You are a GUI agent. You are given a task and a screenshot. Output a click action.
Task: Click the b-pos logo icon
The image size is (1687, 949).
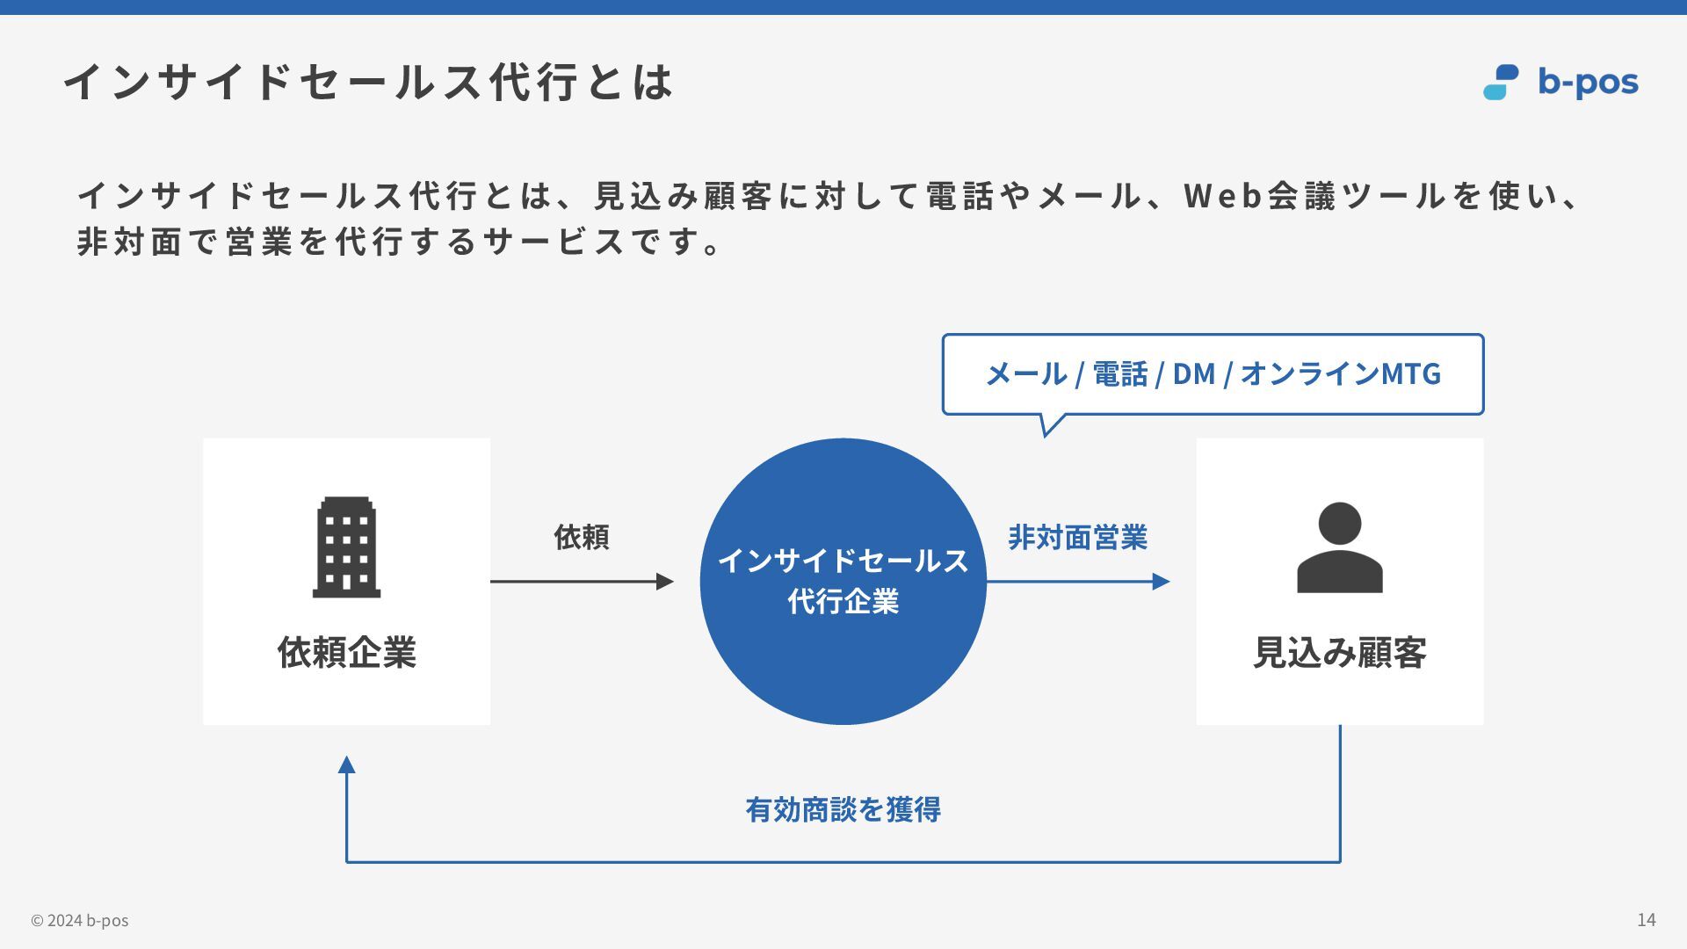click(x=1501, y=82)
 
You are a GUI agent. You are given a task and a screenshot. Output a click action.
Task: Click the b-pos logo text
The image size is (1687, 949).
click(x=1587, y=83)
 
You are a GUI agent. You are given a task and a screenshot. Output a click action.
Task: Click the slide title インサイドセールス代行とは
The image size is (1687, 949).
click(x=368, y=82)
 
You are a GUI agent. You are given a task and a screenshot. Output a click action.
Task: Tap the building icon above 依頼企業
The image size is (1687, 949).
click(x=346, y=547)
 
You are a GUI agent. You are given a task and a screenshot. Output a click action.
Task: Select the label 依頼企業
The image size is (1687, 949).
click(x=346, y=652)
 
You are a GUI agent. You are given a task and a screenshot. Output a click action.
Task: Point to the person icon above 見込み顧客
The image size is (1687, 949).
click(x=1339, y=547)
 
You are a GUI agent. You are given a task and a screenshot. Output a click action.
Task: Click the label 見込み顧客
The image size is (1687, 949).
click(x=1339, y=652)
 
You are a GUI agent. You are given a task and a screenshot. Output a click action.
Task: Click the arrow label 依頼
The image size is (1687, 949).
click(x=581, y=537)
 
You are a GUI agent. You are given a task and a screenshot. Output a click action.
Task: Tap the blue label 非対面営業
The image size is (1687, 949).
click(x=1077, y=537)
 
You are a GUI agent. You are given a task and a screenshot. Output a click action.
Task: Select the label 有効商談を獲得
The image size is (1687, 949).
click(x=843, y=809)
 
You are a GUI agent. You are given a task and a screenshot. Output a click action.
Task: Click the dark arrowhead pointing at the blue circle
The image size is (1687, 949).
click(x=665, y=581)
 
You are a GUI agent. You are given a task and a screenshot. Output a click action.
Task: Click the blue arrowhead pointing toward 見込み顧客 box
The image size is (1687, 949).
click(x=1161, y=581)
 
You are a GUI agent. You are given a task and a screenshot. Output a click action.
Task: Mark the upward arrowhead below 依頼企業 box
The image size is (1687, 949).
click(x=347, y=765)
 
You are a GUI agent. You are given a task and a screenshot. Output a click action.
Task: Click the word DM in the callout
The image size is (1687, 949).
click(x=1193, y=374)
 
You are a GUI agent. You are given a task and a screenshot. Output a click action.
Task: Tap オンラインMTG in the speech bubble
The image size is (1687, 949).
click(x=1340, y=374)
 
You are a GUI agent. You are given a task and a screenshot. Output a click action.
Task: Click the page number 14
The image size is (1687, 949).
click(x=1646, y=919)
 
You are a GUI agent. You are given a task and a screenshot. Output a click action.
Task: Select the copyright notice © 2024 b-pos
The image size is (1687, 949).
click(x=80, y=920)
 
